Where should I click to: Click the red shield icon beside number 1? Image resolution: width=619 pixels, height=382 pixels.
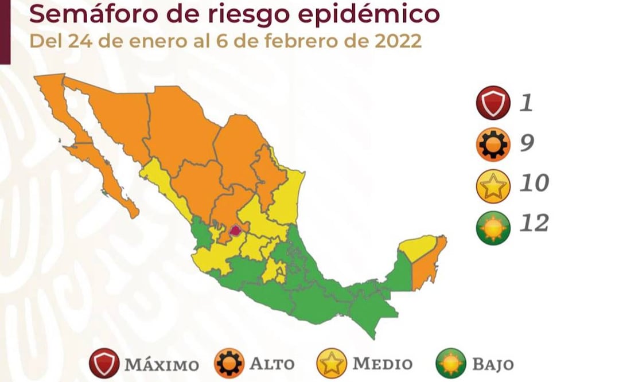tap(493, 103)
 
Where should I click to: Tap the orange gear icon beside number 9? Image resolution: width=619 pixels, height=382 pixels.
tap(493, 144)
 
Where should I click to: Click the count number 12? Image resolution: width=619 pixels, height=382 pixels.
tap(534, 223)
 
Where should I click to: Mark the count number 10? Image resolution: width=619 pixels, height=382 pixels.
tap(534, 183)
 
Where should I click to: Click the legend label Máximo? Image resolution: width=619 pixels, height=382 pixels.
tap(162, 364)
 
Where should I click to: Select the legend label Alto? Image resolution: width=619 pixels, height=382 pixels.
tap(272, 364)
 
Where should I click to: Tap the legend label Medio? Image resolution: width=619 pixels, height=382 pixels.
tap(382, 364)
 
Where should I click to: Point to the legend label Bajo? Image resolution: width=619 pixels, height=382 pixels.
tap(493, 364)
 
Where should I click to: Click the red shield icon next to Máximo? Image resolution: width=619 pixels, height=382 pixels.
tap(104, 364)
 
